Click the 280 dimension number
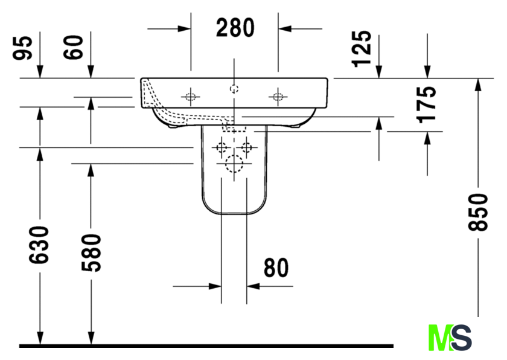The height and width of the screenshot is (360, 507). point(235,28)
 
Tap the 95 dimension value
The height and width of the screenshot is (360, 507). point(23,48)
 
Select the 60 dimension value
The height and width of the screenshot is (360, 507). point(73,47)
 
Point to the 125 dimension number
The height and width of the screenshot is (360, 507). point(362,48)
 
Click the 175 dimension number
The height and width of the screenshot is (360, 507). point(426,104)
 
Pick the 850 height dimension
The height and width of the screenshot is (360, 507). point(477,212)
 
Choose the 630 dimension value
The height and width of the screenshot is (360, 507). point(39,245)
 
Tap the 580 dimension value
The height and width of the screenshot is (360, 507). point(91,253)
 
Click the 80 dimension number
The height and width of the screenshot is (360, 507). point(276,268)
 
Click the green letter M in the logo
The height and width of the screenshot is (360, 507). point(441,338)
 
